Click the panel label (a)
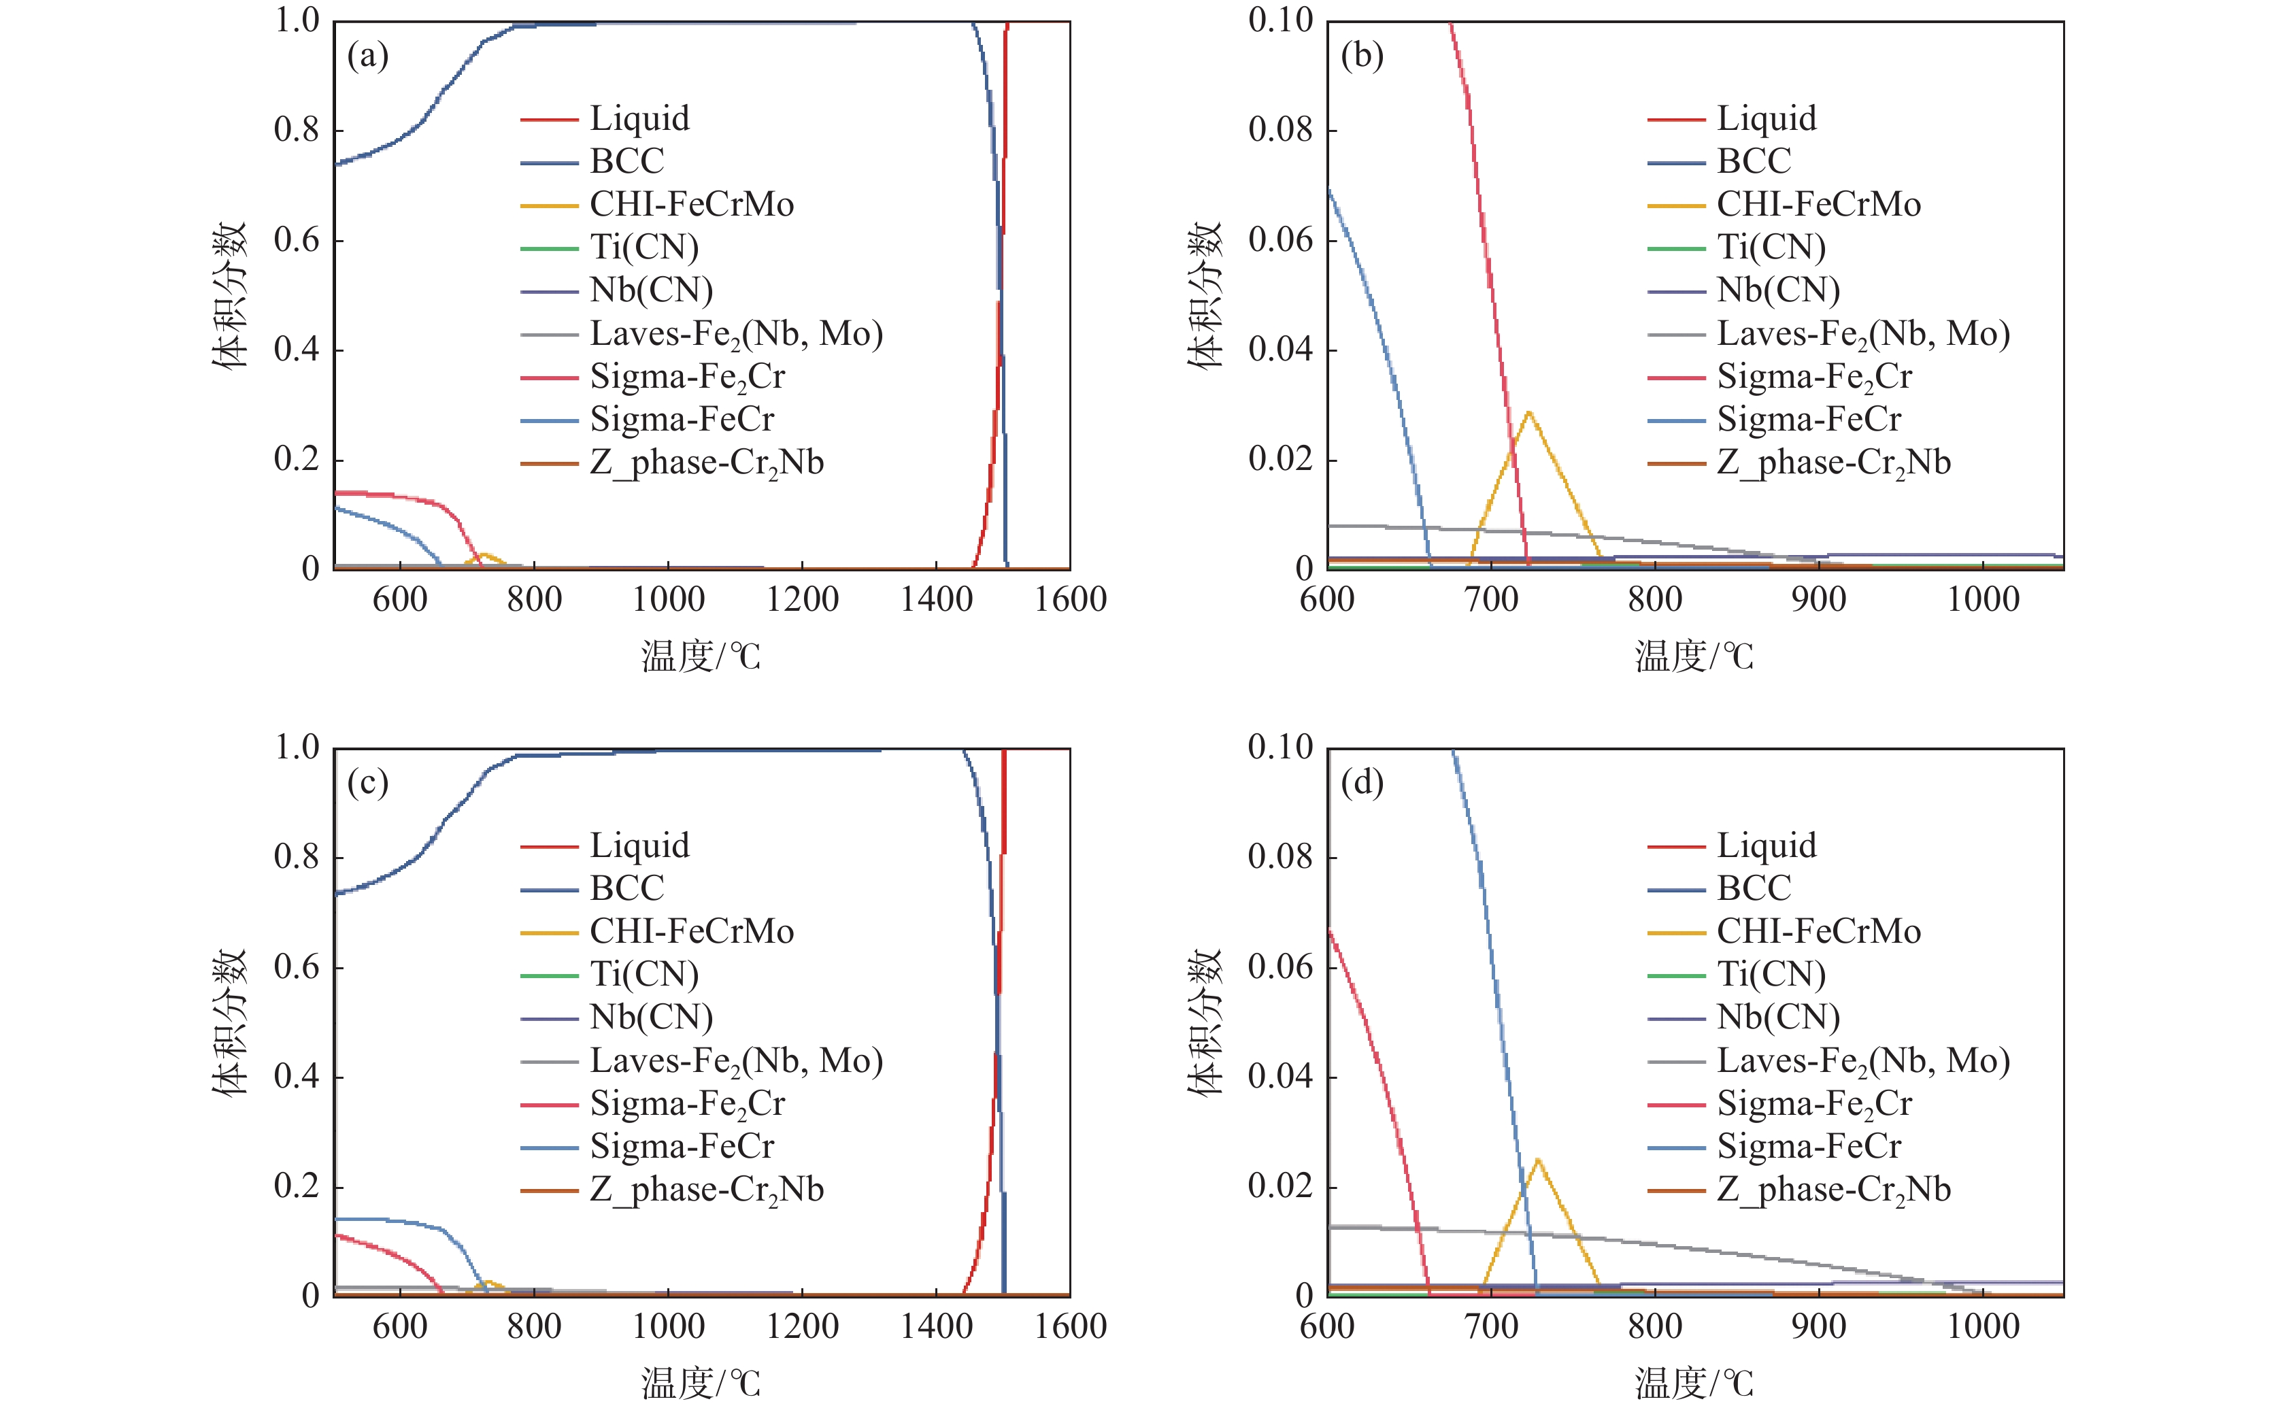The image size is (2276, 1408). click(x=368, y=56)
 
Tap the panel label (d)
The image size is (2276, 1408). click(x=1362, y=783)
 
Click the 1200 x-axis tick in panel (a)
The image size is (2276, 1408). click(x=802, y=599)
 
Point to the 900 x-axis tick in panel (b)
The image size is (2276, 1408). click(x=1818, y=599)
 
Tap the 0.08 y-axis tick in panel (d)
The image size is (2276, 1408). click(x=1279, y=857)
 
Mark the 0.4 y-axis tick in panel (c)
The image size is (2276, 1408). click(x=296, y=1077)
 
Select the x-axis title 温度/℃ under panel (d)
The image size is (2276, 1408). click(x=1694, y=1384)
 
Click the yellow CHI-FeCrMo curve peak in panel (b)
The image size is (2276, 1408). click(x=1528, y=412)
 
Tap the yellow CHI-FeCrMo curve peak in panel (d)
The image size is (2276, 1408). click(x=1537, y=1159)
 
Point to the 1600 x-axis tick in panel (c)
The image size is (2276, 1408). click(x=1070, y=1326)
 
